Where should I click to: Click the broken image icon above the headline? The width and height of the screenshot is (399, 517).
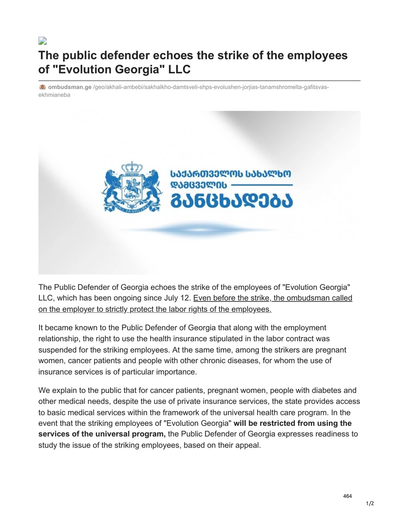[x=42, y=41]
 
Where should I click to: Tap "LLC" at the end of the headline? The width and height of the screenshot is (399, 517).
[x=179, y=69]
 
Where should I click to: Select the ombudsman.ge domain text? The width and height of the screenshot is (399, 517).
[x=70, y=87]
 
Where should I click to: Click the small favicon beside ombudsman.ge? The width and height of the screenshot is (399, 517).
[x=42, y=87]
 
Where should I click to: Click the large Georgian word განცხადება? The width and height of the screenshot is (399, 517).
[x=232, y=200]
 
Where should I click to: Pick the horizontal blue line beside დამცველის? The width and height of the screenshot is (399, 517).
[x=262, y=185]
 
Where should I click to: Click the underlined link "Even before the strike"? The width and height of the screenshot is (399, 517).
[x=231, y=298]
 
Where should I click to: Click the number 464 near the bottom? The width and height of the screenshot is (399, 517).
[x=347, y=496]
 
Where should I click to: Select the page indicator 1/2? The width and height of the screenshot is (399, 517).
[x=370, y=504]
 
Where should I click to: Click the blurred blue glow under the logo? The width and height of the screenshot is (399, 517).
[x=199, y=230]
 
